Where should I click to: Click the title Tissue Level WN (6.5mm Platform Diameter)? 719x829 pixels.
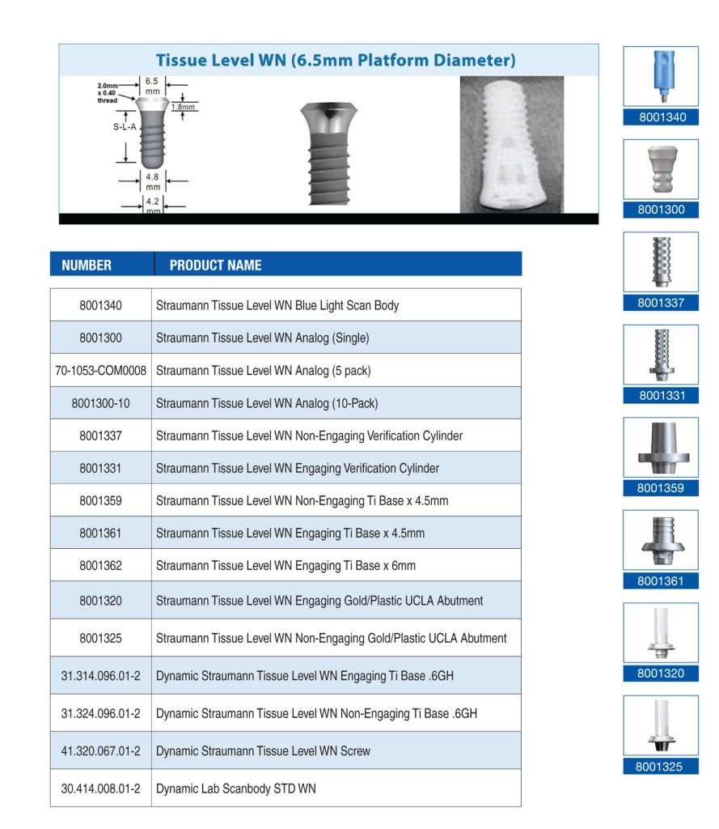[x=335, y=60]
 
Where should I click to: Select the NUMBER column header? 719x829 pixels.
[x=87, y=265]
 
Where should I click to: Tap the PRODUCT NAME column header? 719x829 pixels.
[x=215, y=265]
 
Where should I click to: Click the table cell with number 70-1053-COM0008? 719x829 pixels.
[x=101, y=371]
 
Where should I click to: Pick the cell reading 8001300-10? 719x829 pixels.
[x=101, y=403]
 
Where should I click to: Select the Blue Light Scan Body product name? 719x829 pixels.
[x=277, y=306]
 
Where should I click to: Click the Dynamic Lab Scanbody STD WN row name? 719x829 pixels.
[x=235, y=789]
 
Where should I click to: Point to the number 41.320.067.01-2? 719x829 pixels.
[x=101, y=751]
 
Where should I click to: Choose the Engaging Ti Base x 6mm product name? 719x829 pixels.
[x=285, y=566]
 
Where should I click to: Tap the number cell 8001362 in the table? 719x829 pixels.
[x=101, y=566]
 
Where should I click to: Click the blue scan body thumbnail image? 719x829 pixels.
[x=660, y=76]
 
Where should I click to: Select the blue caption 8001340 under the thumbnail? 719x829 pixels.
[x=661, y=117]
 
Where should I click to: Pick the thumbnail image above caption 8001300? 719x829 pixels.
[x=660, y=168]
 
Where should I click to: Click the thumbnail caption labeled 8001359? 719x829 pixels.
[x=661, y=488]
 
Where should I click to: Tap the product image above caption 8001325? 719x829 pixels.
[x=660, y=725]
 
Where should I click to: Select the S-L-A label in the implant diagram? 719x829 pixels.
[x=125, y=127]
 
